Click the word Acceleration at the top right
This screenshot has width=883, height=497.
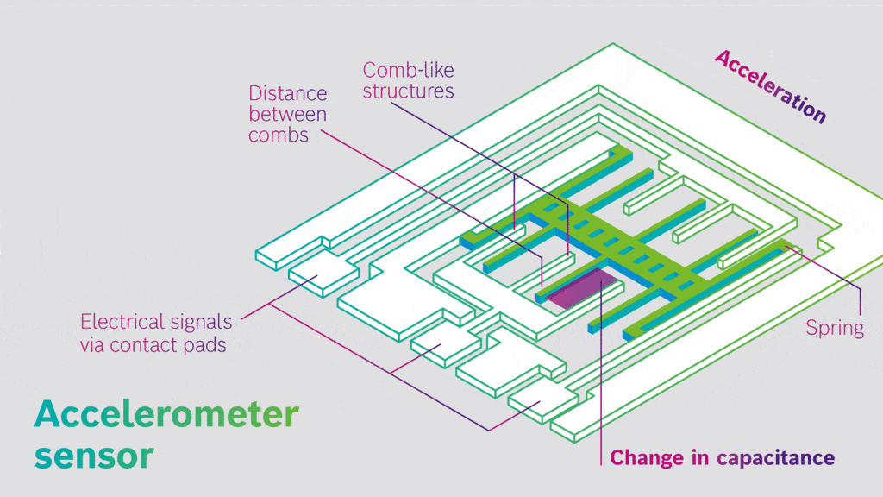[x=770, y=85]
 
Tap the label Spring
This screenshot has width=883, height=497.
[x=834, y=328]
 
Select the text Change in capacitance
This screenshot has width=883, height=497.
[x=722, y=458]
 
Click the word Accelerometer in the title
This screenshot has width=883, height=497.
[x=166, y=415]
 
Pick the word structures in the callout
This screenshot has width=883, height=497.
[x=408, y=91]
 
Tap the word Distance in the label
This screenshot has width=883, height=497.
[x=287, y=93]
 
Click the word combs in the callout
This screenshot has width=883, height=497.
[x=279, y=135]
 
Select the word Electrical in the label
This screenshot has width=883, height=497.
[x=121, y=323]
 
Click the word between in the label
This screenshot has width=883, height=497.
[x=287, y=115]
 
